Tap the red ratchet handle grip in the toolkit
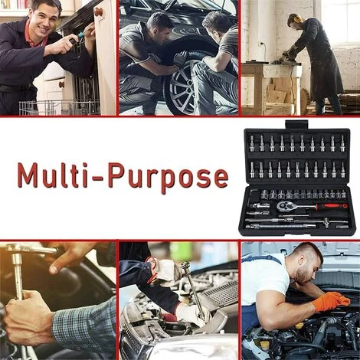[332, 206]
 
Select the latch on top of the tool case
[297, 125]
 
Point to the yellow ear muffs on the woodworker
[296, 18]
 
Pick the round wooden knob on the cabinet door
[99, 11]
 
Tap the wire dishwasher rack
[60, 108]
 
